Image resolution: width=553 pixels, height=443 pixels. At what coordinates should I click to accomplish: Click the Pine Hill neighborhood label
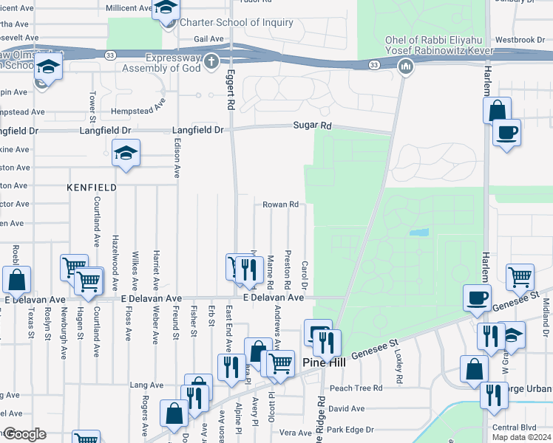[x=325, y=362]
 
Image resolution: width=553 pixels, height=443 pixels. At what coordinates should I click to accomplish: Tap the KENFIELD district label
[x=92, y=188]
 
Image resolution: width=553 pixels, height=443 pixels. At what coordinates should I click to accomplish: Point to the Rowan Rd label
[x=282, y=205]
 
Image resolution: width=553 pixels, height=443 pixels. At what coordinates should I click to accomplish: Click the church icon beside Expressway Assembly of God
[x=211, y=61]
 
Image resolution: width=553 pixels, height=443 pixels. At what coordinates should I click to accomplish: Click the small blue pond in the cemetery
[x=418, y=233]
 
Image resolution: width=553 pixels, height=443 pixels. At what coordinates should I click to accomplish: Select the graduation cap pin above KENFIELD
[x=126, y=154]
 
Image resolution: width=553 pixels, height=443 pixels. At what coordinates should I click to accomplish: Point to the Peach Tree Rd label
[x=356, y=388]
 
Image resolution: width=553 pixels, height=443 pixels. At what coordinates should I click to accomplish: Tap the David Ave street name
[x=347, y=408]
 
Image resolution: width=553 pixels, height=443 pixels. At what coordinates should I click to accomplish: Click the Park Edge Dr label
[x=351, y=429]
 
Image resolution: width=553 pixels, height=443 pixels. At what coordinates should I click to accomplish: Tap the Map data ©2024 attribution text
[x=520, y=437]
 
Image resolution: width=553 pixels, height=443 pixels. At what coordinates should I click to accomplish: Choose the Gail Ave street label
[x=208, y=38]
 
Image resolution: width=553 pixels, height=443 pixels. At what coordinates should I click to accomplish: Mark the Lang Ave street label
[x=146, y=385]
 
